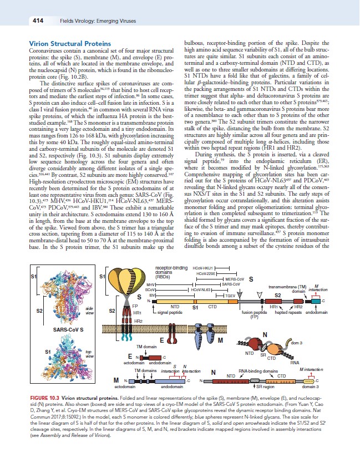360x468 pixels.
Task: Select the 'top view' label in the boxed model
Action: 89,352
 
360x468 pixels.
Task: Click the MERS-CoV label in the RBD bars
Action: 234,279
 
